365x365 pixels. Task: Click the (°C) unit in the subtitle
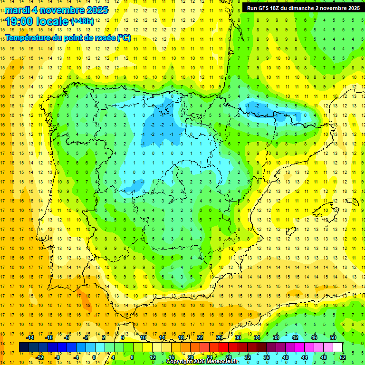(124, 38)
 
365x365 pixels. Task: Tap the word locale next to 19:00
(53, 21)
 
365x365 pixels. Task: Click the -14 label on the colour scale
(30, 337)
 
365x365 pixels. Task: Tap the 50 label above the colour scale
(333, 337)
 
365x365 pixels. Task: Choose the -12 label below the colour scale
(39, 357)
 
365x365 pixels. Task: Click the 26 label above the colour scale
(219, 337)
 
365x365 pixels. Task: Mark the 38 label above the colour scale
(276, 337)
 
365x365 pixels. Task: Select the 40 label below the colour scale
(286, 357)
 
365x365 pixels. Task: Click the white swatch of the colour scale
(337, 347)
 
